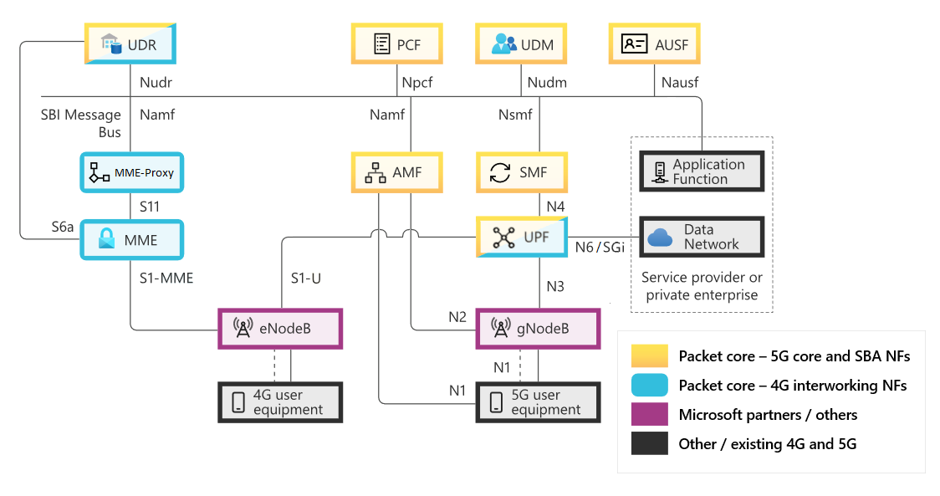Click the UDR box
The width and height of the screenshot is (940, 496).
tap(130, 44)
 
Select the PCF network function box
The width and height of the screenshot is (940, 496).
tap(396, 44)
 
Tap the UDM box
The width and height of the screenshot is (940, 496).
tap(522, 44)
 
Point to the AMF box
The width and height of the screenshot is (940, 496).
tap(396, 173)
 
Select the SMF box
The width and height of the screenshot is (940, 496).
tap(522, 173)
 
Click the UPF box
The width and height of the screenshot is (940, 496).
tap(522, 238)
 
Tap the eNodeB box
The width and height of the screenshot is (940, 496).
tap(280, 329)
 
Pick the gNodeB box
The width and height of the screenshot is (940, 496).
tap(538, 329)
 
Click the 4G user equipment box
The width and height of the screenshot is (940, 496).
tap(280, 402)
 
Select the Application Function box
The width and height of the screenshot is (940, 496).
tap(702, 172)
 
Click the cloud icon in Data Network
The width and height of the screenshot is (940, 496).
tap(661, 238)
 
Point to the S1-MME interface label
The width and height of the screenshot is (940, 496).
tap(166, 278)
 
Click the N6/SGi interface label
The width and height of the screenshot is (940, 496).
tap(600, 247)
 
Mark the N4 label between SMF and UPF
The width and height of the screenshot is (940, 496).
tap(554, 205)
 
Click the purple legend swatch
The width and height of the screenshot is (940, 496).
tap(649, 415)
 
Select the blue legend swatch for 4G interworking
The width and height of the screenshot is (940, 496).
tap(649, 386)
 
